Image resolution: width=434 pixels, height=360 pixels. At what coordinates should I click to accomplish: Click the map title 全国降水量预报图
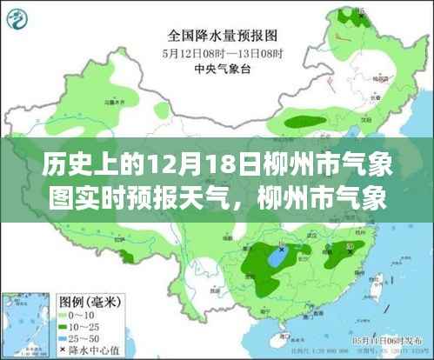[x=217, y=37]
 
